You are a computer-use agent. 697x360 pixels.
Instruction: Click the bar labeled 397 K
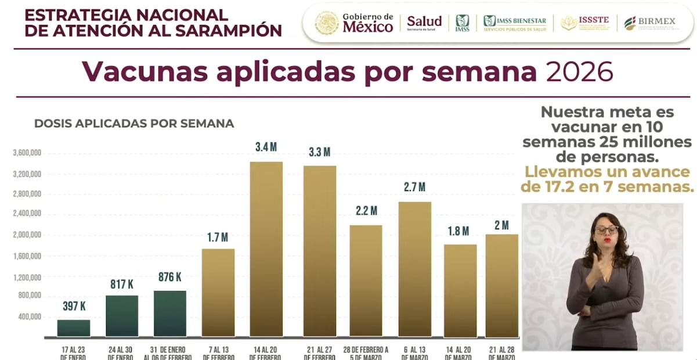(74, 328)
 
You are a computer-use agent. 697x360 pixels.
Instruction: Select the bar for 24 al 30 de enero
(122, 316)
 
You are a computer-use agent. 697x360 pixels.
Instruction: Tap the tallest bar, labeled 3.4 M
(266, 249)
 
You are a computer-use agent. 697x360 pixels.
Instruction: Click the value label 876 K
(170, 277)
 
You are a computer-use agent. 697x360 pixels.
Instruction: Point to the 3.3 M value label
(319, 152)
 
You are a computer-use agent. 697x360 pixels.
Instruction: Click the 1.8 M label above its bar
(460, 231)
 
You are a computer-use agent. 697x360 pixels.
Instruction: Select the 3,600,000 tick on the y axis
(27, 153)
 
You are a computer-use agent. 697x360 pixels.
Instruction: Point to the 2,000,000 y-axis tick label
(27, 235)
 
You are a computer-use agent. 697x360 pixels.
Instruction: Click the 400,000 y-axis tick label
(29, 317)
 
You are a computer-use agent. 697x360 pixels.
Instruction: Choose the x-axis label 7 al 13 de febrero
(218, 353)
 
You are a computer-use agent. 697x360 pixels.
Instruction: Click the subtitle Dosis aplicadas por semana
(134, 123)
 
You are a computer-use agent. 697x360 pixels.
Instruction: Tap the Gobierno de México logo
(355, 23)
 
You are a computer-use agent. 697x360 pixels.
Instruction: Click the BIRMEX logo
(649, 23)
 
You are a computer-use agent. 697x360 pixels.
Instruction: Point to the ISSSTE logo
(585, 23)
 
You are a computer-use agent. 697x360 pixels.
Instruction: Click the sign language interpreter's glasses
(606, 231)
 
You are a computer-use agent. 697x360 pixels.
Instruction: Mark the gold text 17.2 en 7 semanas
(608, 186)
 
